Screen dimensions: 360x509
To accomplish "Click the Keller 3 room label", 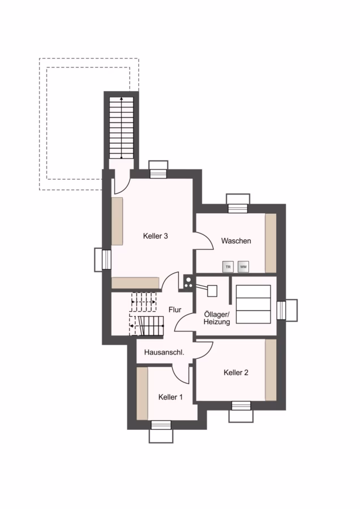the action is [x=155, y=236].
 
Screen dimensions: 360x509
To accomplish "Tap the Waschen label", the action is [x=236, y=241].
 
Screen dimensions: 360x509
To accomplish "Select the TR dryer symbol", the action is [x=228, y=267].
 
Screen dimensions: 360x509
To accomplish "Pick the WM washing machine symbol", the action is [x=243, y=267].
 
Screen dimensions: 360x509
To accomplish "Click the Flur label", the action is [x=175, y=310].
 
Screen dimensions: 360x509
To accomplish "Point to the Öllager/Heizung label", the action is [x=217, y=318].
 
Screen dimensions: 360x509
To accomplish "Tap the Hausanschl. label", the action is [x=164, y=352].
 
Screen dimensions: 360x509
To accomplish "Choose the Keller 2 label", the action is [x=236, y=372].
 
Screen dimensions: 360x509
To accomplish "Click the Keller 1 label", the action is [x=170, y=397].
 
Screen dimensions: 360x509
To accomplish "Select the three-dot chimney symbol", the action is [x=188, y=282].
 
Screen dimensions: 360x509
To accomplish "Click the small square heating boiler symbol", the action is [x=212, y=291].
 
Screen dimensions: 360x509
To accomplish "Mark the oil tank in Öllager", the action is [x=254, y=304].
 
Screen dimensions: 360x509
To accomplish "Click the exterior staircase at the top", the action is [x=121, y=128].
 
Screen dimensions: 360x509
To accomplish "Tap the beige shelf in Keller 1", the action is [x=142, y=394].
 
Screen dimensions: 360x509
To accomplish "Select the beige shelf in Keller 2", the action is [x=271, y=370].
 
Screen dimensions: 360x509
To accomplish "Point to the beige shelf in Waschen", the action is [x=271, y=243].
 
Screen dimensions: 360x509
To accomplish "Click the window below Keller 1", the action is [x=161, y=432].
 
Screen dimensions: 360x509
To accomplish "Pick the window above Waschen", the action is [x=238, y=203].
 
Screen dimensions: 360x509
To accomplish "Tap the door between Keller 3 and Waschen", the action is [x=203, y=241].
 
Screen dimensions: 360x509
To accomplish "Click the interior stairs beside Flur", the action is [x=146, y=314].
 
